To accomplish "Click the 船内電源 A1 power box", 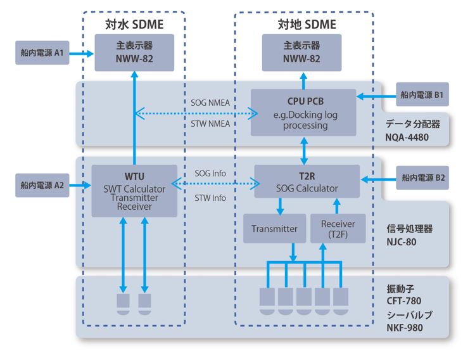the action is click(42, 53).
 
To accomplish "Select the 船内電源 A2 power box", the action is click(42, 185).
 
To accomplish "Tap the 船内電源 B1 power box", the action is click(422, 94).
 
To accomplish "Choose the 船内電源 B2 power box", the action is click(422, 177).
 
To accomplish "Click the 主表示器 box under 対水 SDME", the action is click(134, 53).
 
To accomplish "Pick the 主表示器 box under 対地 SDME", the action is click(301, 53).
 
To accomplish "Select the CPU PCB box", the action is click(303, 113).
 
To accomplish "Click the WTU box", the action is click(134, 191).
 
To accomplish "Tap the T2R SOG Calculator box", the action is click(307, 181).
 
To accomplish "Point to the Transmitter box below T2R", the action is click(274, 228).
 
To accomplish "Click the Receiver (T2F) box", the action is click(338, 228).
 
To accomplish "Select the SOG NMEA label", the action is click(210, 103).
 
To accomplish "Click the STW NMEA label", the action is click(210, 124).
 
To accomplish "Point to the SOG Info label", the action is click(210, 174).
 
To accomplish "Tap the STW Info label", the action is click(210, 198).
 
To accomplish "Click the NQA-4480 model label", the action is click(407, 138).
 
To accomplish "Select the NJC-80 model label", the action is click(402, 242).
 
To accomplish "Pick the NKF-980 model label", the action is click(405, 328).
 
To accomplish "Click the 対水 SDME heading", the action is click(134, 24).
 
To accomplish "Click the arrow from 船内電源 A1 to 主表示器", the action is click(82, 54).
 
